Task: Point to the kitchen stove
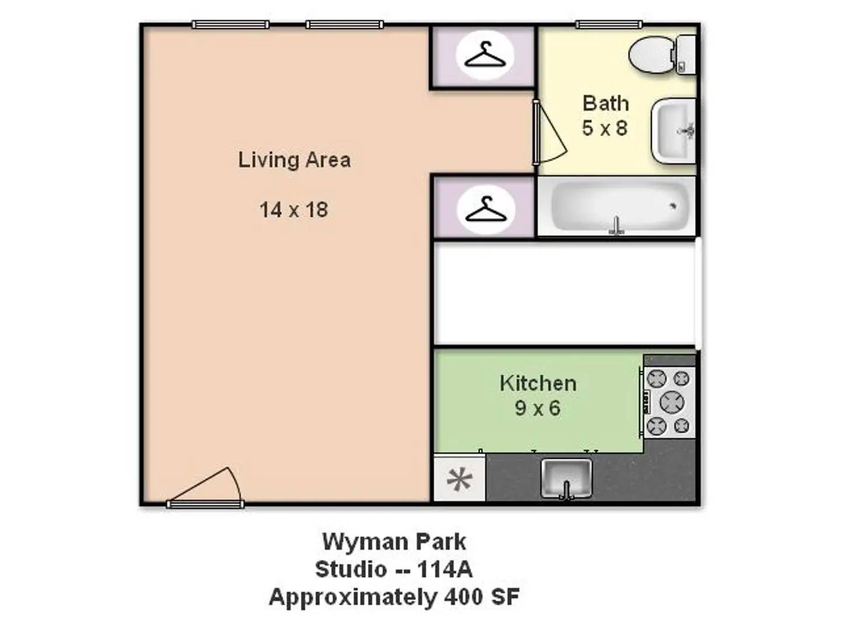coord(669,402)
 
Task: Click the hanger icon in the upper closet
coord(485,56)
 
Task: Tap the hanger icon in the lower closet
coord(485,210)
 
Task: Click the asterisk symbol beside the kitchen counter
coord(460,479)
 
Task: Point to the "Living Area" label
coord(294,160)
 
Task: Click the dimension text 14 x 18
coord(294,210)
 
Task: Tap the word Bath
coord(606,103)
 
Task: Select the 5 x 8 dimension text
coord(604,128)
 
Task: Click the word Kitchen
coord(538,383)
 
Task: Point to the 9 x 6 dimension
coord(537,408)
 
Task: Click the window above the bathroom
coord(609,25)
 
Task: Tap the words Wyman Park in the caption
coord(394,542)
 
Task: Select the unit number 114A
coord(444,569)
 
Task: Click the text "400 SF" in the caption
coord(482,597)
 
